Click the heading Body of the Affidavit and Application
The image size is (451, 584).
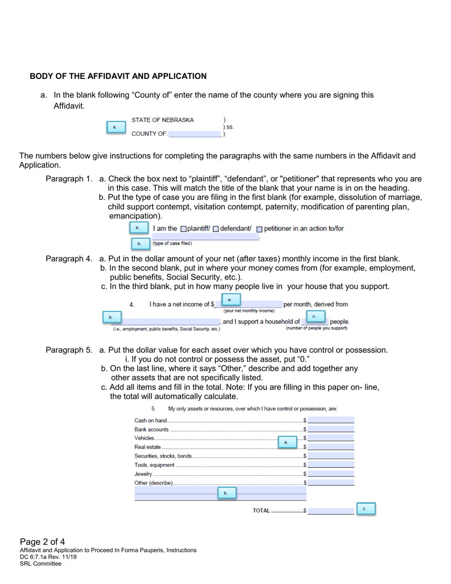click(118, 76)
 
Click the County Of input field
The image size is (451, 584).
click(195, 134)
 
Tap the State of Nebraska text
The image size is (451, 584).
click(162, 120)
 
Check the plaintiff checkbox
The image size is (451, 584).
click(184, 229)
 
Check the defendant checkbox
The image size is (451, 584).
click(216, 229)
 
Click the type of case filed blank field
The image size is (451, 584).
click(205, 236)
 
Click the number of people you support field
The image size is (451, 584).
click(314, 322)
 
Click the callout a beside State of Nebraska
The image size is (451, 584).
click(115, 127)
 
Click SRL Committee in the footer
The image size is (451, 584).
click(40, 564)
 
